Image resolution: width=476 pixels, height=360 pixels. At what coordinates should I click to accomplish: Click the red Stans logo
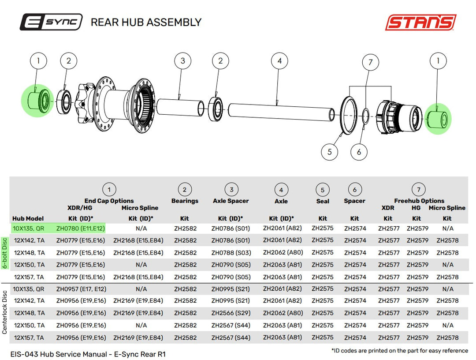click(x=421, y=22)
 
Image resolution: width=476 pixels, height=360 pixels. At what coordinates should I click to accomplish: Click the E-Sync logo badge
click(x=51, y=22)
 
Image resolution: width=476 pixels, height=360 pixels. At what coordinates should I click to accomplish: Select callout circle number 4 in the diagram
click(x=279, y=61)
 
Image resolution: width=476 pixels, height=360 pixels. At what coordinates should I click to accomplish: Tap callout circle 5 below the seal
click(x=329, y=152)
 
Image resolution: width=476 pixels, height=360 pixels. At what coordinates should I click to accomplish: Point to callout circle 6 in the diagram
click(x=359, y=152)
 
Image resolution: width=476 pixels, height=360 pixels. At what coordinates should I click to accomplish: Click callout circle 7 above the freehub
click(x=370, y=62)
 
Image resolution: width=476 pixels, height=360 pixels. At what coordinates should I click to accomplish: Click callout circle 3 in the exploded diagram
click(x=182, y=61)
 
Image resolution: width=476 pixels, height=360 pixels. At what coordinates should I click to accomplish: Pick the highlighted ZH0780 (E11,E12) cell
click(x=81, y=229)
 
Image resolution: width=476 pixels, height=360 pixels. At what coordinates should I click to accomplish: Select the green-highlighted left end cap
click(x=37, y=101)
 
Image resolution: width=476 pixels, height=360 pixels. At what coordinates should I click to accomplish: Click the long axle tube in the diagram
click(x=281, y=112)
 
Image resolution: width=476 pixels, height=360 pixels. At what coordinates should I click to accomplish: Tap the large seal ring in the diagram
click(x=349, y=115)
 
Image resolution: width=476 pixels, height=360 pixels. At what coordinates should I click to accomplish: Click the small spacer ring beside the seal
click(x=365, y=116)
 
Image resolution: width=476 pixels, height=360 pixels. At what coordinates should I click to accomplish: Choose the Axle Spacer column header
click(x=231, y=201)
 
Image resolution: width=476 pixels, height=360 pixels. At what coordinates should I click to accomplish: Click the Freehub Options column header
click(x=419, y=201)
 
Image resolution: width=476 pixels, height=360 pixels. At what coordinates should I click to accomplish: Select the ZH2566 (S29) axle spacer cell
click(x=231, y=313)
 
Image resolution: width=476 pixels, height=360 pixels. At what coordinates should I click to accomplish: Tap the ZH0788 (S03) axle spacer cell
click(x=231, y=253)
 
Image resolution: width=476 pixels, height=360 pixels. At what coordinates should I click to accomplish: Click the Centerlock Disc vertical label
click(x=4, y=312)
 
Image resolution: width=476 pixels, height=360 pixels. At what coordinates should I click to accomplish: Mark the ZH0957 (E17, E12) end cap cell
click(x=81, y=289)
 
